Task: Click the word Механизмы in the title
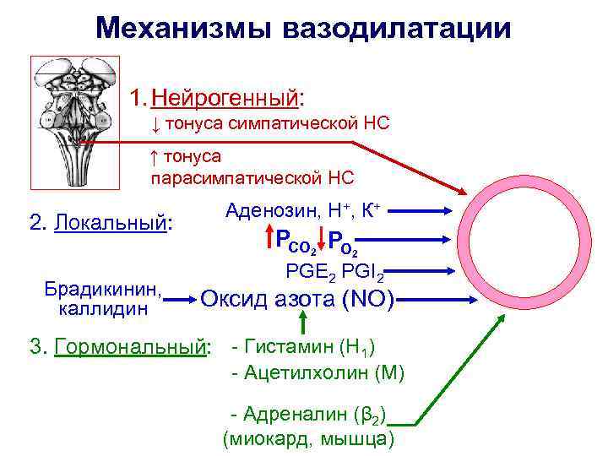point(187,28)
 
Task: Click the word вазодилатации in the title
point(398,28)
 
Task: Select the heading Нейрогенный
point(225,96)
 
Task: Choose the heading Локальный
point(113,223)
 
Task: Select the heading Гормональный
point(131,347)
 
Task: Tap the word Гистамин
point(286,346)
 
